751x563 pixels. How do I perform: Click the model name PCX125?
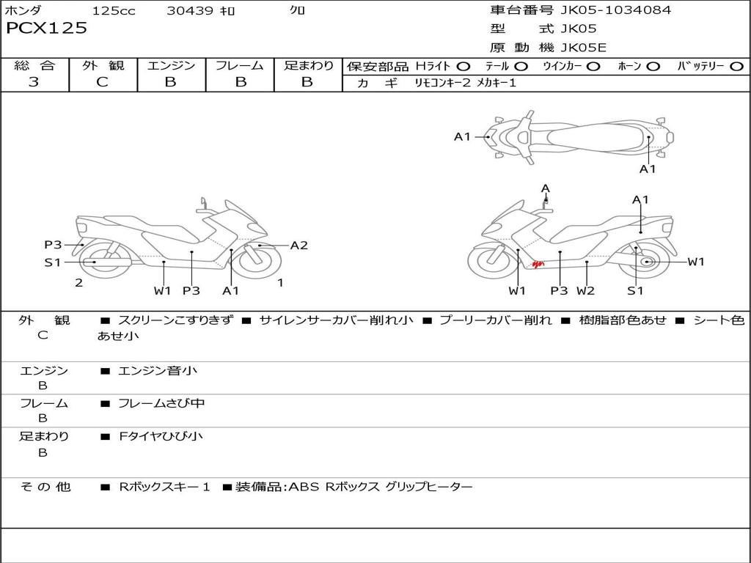click(46, 28)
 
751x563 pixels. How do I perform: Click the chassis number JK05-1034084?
click(615, 10)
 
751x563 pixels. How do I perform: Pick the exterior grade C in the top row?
click(102, 82)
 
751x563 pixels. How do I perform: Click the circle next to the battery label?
click(736, 67)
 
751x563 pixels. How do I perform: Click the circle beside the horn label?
click(653, 67)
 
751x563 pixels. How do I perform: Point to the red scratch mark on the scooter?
click(538, 264)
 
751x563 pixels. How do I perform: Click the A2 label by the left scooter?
click(299, 245)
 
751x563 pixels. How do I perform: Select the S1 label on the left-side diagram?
click(53, 262)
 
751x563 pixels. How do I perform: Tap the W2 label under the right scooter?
click(585, 290)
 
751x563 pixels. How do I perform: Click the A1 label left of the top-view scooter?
click(462, 137)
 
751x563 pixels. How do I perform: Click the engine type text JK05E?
click(583, 48)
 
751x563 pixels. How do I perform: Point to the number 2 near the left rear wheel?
click(79, 282)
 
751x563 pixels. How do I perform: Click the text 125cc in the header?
click(114, 10)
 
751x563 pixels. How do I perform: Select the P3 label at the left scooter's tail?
click(53, 245)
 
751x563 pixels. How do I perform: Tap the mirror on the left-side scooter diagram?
click(204, 201)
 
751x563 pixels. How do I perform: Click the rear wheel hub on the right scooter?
click(648, 262)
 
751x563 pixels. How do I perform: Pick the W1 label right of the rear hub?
click(696, 262)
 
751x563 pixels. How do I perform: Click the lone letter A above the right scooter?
click(546, 188)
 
